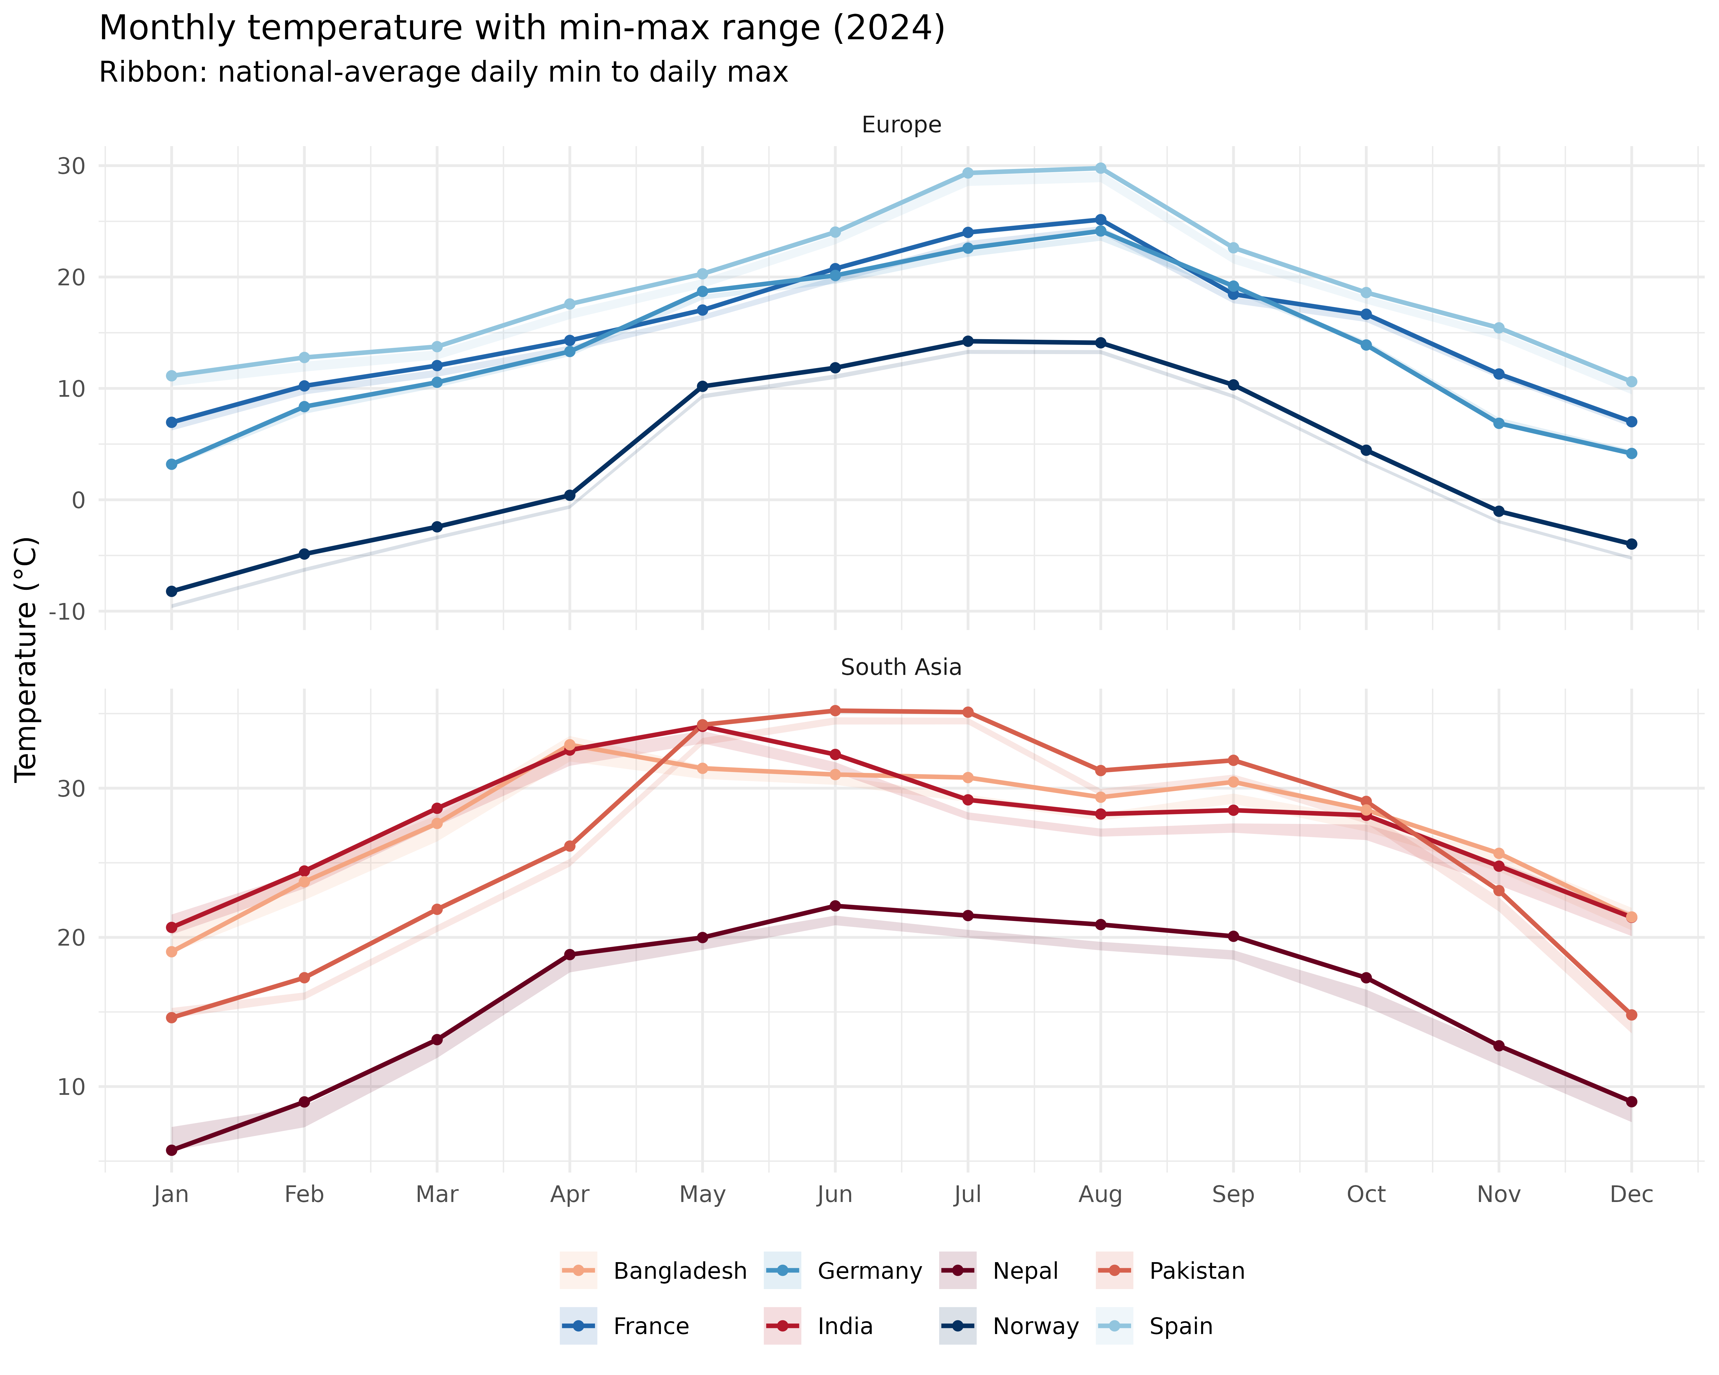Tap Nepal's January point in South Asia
click(x=171, y=1150)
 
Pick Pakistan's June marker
click(x=835, y=710)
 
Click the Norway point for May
click(x=702, y=387)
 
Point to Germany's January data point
click(x=171, y=464)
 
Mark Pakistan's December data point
click(x=1631, y=1015)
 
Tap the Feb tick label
click(x=304, y=1194)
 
